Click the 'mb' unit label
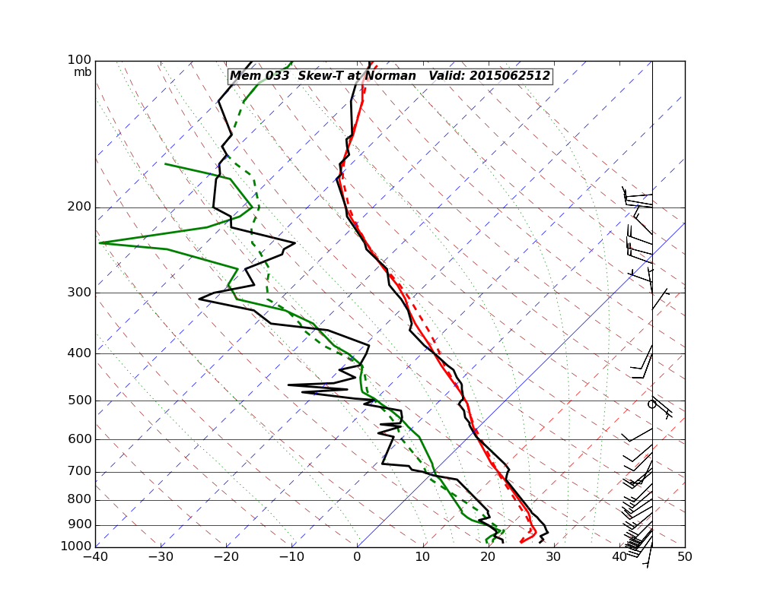coord(82,72)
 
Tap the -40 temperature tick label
coord(95,557)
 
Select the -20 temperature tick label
coord(226,557)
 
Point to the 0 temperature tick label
coord(357,557)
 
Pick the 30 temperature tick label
coord(553,557)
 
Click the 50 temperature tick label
coord(684,557)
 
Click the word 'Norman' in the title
coord(393,76)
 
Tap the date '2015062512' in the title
coord(509,76)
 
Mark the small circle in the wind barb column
coord(651,404)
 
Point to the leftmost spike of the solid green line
coord(100,243)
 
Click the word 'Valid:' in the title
coord(447,76)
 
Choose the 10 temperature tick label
coord(422,557)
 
